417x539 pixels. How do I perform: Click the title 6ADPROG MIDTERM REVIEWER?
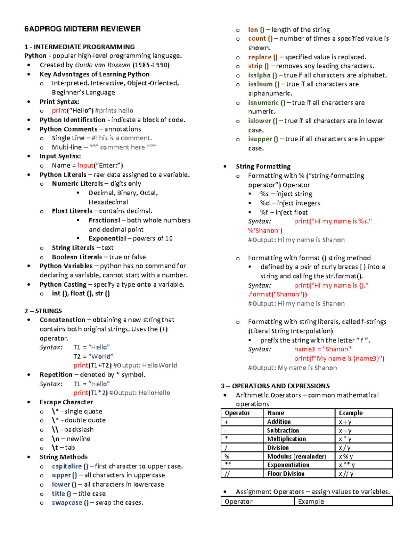(82, 29)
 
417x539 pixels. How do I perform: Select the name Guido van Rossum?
(103, 65)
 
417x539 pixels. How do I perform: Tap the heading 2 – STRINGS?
(43, 311)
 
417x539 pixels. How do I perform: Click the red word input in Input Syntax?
(85, 166)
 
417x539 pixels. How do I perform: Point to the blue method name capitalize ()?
(70, 466)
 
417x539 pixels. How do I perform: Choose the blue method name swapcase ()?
(70, 503)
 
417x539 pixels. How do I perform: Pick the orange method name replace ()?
(263, 57)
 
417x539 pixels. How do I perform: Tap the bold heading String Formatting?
(263, 166)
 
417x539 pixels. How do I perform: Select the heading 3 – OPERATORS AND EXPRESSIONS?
(275, 386)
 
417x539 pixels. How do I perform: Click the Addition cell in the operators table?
(279, 422)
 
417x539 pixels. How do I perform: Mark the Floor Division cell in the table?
(286, 474)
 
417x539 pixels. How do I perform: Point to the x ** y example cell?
(347, 465)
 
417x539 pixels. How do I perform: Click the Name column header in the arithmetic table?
(276, 413)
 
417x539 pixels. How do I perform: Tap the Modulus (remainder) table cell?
(296, 456)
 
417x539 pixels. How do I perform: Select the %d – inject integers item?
(290, 203)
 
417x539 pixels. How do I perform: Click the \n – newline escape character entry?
(71, 439)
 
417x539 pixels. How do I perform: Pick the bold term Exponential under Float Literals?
(107, 238)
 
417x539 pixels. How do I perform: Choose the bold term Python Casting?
(63, 284)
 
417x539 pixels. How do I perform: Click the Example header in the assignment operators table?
(311, 502)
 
